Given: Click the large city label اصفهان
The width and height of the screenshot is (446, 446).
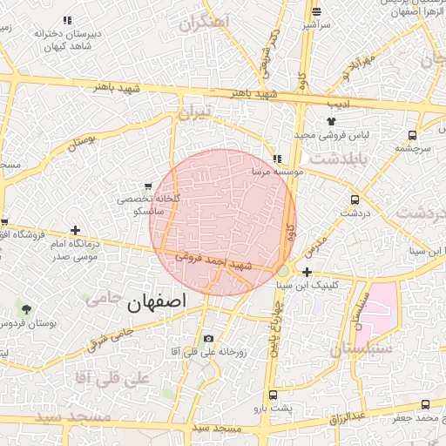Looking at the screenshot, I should coord(157,303).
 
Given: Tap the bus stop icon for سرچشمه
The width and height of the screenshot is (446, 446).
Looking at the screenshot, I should coord(412,136).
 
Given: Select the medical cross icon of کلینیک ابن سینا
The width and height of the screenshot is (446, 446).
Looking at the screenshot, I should coord(307,273).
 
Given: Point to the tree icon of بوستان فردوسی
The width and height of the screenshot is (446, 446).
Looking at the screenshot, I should coord(25,309).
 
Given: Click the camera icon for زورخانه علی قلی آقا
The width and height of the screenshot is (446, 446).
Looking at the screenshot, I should coord(207,339).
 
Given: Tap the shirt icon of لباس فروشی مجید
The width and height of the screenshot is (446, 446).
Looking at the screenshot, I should coord(331,121).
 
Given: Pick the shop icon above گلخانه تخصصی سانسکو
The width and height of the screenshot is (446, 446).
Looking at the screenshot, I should coord(148,186).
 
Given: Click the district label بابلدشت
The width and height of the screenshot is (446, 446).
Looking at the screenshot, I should coord(334,159).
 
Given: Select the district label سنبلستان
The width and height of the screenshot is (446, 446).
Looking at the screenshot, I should coord(361,348).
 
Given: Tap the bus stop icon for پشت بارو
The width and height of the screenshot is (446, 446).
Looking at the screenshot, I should coord(273,395).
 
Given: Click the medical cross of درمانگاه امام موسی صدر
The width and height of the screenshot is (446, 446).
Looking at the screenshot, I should coord(77,232).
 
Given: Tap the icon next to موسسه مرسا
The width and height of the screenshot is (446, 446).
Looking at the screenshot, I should coord(278,159).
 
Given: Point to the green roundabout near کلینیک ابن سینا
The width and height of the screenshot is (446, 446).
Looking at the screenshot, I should coord(283,272).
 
